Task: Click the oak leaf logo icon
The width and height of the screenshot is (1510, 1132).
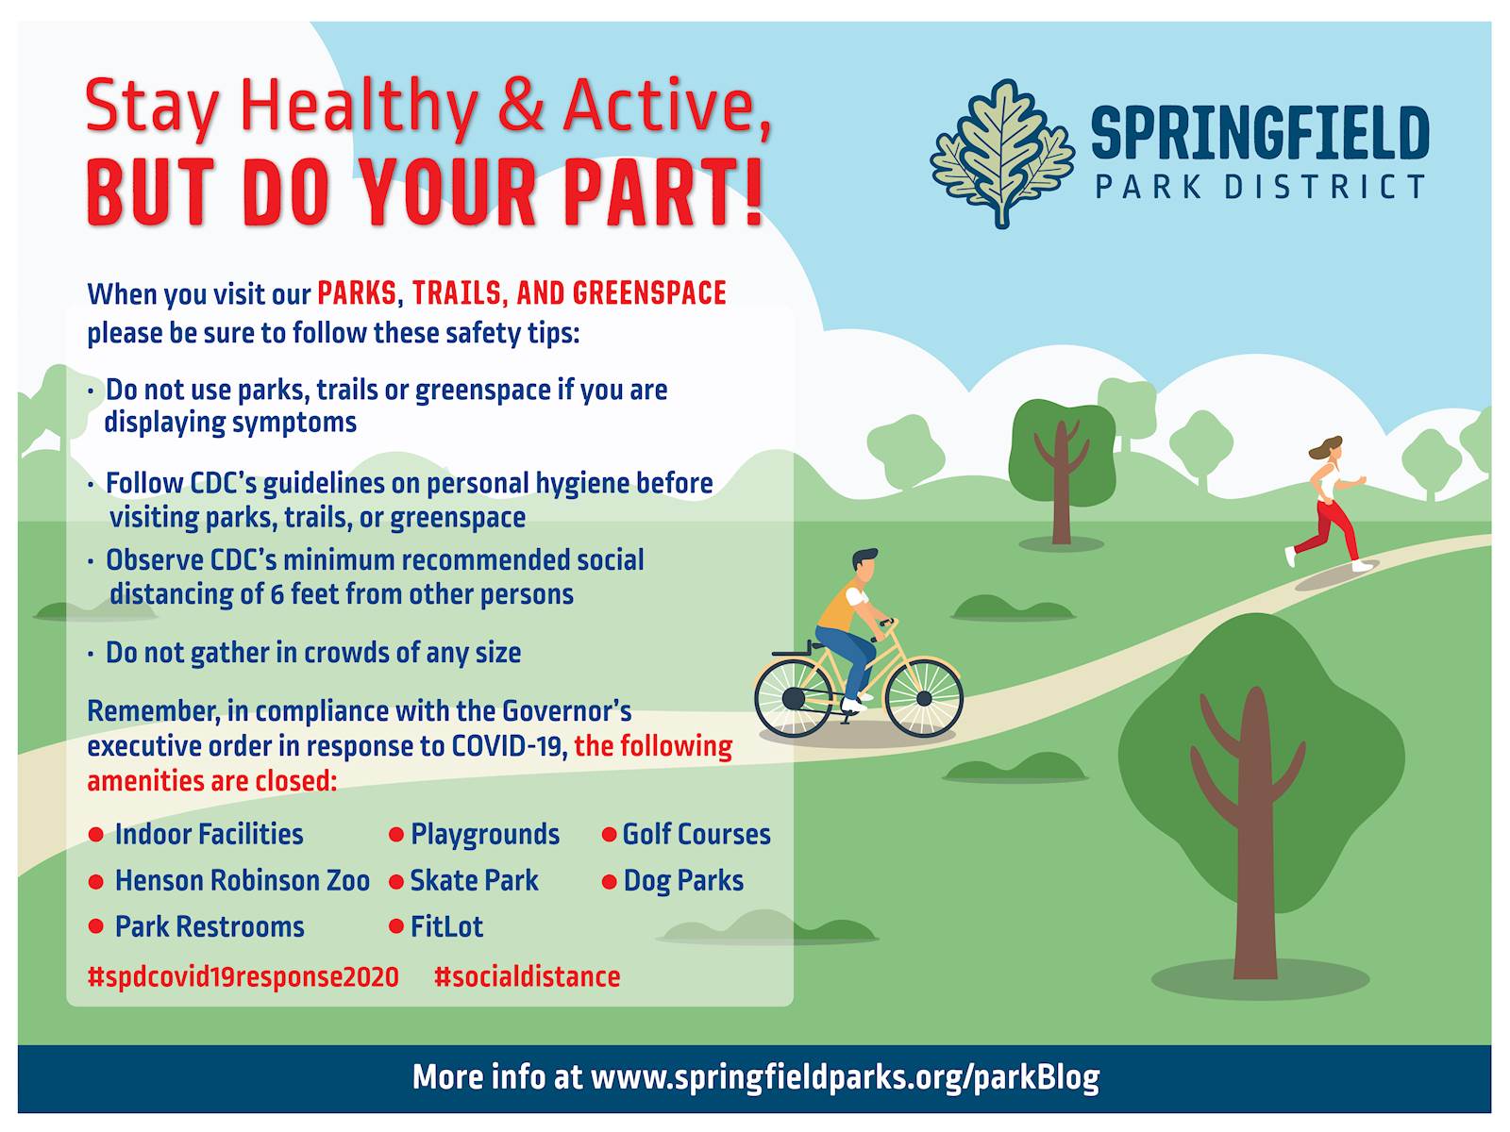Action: (x=1001, y=153)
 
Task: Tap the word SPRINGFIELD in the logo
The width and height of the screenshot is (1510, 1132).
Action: (x=1260, y=133)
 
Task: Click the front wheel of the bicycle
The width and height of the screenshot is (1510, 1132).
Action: (x=923, y=698)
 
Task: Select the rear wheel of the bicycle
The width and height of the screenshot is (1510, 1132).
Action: (x=793, y=698)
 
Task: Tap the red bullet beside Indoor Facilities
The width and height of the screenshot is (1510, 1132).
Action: (x=95, y=835)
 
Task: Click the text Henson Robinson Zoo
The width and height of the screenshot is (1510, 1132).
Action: (x=243, y=880)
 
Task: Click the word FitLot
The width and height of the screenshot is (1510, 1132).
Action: (x=446, y=926)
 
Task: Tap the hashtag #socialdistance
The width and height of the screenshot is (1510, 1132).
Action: (x=527, y=976)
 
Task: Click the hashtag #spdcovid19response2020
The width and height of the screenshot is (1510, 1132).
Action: (x=243, y=977)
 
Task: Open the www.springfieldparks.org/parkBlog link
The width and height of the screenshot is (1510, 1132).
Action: (x=846, y=1077)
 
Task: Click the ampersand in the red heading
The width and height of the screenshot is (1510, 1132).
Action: (x=520, y=105)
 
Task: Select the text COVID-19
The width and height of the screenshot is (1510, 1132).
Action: (x=509, y=746)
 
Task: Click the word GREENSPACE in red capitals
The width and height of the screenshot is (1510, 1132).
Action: (x=649, y=293)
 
